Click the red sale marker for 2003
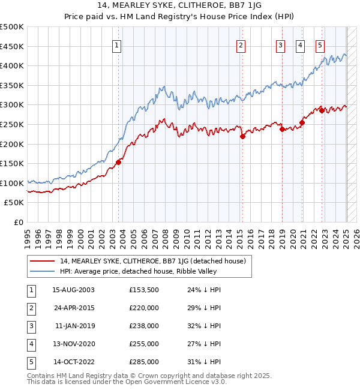click(118, 162)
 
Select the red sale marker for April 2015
click(243, 136)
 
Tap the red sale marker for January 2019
click(282, 129)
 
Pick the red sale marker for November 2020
click(302, 123)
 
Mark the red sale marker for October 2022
click(322, 110)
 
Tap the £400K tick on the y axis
click(12, 66)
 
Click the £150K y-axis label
click(12, 163)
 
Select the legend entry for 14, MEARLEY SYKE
click(153, 261)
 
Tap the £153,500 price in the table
click(143, 290)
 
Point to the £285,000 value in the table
click(143, 362)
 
